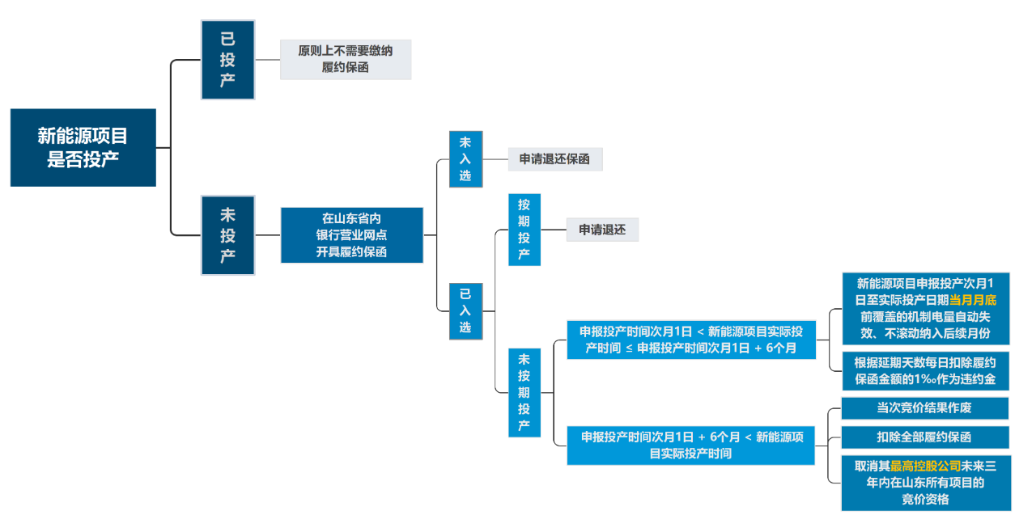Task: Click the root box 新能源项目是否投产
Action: pyautogui.click(x=83, y=147)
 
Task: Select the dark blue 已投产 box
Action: pyautogui.click(x=227, y=59)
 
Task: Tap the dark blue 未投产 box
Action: pyautogui.click(x=227, y=235)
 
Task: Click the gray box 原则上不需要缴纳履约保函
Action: pyautogui.click(x=346, y=59)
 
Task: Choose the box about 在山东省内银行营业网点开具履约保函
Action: pyautogui.click(x=351, y=235)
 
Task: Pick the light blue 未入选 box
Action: pyautogui.click(x=465, y=159)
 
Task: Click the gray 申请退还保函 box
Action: pyautogui.click(x=554, y=159)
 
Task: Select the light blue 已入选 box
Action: pyautogui.click(x=465, y=310)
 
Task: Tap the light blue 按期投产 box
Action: pyautogui.click(x=524, y=230)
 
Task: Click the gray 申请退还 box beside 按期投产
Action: pyautogui.click(x=601, y=230)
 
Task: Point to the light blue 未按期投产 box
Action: pyautogui.click(x=524, y=392)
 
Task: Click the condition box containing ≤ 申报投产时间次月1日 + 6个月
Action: pyautogui.click(x=690, y=340)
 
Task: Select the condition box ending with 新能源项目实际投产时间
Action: pyautogui.click(x=690, y=445)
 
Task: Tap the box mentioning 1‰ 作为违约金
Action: pyautogui.click(x=924, y=370)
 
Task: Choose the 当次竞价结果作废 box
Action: pyautogui.click(x=924, y=407)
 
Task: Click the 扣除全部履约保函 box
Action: pyautogui.click(x=924, y=437)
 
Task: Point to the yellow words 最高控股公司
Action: pyautogui.click(x=925, y=467)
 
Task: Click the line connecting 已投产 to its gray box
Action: pyautogui.click(x=267, y=59)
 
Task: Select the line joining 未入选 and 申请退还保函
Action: pyautogui.click(x=495, y=159)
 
